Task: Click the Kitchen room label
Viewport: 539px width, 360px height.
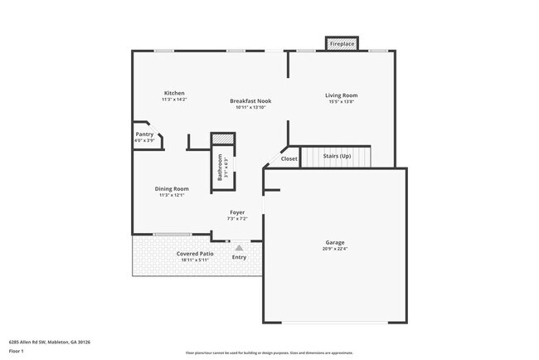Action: [173, 93]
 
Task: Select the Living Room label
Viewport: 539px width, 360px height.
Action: [340, 95]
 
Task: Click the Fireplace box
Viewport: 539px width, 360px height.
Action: [342, 43]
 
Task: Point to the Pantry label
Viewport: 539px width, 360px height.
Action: [144, 134]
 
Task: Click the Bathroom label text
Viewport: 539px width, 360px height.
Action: [220, 167]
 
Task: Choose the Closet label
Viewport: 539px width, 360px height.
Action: [289, 158]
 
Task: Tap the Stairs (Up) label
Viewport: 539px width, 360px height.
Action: [337, 156]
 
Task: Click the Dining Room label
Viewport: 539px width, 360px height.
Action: [172, 188]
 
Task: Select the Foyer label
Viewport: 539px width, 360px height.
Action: [237, 212]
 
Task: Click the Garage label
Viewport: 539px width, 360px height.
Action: [334, 243]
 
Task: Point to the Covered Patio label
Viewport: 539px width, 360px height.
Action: [195, 253]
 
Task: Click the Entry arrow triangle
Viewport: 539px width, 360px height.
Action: [239, 246]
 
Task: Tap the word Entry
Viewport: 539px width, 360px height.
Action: [239, 257]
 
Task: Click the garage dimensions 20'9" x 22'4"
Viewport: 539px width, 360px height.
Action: [334, 250]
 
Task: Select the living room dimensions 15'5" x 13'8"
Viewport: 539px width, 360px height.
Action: [340, 102]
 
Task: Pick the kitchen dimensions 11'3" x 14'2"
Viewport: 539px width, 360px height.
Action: [173, 100]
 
